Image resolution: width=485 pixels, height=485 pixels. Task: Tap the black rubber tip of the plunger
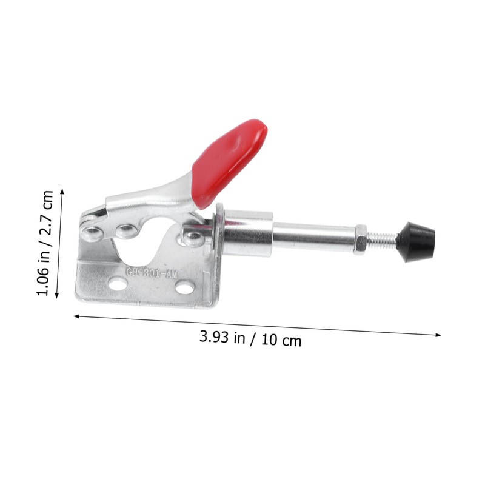point(416,240)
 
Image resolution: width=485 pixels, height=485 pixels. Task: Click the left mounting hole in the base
point(118,283)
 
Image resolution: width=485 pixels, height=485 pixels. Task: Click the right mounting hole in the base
point(185,287)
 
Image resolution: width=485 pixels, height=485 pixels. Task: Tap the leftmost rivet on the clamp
point(92,233)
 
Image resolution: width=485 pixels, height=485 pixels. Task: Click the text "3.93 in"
point(222,337)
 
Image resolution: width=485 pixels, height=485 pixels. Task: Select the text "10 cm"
point(281,340)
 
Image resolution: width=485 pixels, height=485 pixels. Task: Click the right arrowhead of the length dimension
point(439,335)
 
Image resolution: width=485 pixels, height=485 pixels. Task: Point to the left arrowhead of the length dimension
point(76,315)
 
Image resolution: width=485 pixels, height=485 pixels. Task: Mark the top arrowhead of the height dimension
point(62,190)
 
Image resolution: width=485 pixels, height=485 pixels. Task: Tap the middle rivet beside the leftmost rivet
point(127,230)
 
